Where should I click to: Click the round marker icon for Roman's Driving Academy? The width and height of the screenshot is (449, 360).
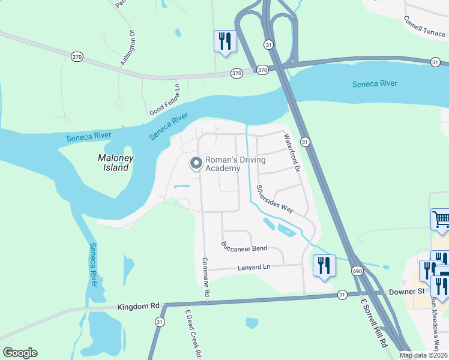point(196,163)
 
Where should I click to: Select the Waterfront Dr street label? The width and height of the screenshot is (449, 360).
point(291,153)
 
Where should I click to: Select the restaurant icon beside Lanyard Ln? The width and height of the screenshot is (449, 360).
point(324,265)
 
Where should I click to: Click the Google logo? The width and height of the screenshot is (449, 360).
point(20,353)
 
